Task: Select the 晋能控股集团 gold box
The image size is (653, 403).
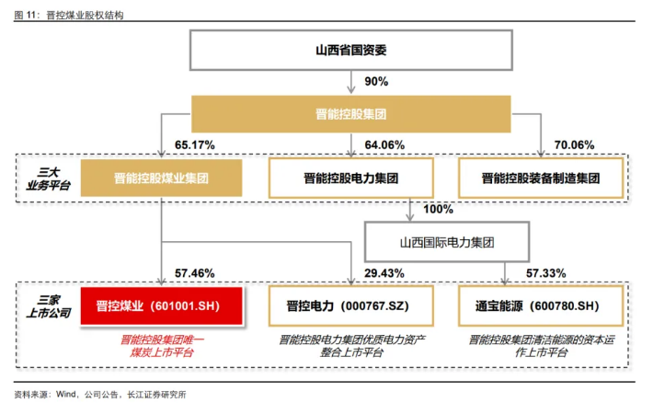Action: pyautogui.click(x=352, y=114)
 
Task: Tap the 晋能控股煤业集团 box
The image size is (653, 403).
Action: pyautogui.click(x=161, y=178)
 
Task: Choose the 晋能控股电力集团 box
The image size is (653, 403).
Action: pyautogui.click(x=352, y=178)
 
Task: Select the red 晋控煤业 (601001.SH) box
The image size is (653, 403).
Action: pyautogui.click(x=161, y=306)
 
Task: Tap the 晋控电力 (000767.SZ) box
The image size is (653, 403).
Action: pyautogui.click(x=352, y=306)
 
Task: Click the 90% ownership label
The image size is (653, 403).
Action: pyautogui.click(x=376, y=82)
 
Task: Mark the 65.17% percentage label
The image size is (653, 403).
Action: pyautogui.click(x=194, y=145)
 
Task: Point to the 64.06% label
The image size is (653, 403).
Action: pyautogui.click(x=384, y=145)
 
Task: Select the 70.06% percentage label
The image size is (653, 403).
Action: pyautogui.click(x=574, y=145)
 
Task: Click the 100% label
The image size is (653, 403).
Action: pyautogui.click(x=438, y=210)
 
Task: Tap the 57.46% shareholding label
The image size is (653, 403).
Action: pyautogui.click(x=194, y=273)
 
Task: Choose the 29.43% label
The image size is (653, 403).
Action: pyautogui.click(x=384, y=273)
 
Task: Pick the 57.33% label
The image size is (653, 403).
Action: pyautogui.click(x=544, y=273)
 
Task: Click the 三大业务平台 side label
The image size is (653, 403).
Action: pyautogui.click(x=48, y=178)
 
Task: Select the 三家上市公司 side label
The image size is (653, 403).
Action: pyautogui.click(x=48, y=305)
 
